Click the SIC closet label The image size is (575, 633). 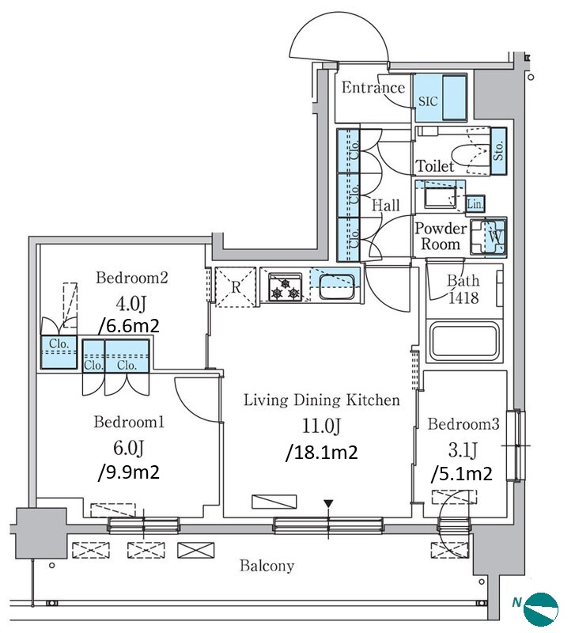click(x=428, y=100)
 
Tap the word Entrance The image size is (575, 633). click(x=373, y=87)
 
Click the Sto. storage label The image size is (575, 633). click(x=499, y=151)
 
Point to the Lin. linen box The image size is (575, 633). click(x=475, y=204)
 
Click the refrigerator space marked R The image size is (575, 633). click(x=236, y=287)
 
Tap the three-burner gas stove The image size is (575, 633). click(x=286, y=287)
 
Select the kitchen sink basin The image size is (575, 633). click(x=336, y=286)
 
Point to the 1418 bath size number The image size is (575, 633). click(x=463, y=298)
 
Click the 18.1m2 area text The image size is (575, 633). click(x=322, y=452)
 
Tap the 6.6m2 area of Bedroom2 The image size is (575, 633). click(x=129, y=325)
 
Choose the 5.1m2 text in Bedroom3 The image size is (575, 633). click(x=462, y=473)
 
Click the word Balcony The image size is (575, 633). click(x=267, y=565)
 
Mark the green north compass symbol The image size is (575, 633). click(x=541, y=608)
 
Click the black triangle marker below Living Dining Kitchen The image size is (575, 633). click(x=329, y=504)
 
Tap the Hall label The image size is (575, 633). click(x=385, y=206)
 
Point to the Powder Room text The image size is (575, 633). click(x=441, y=236)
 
